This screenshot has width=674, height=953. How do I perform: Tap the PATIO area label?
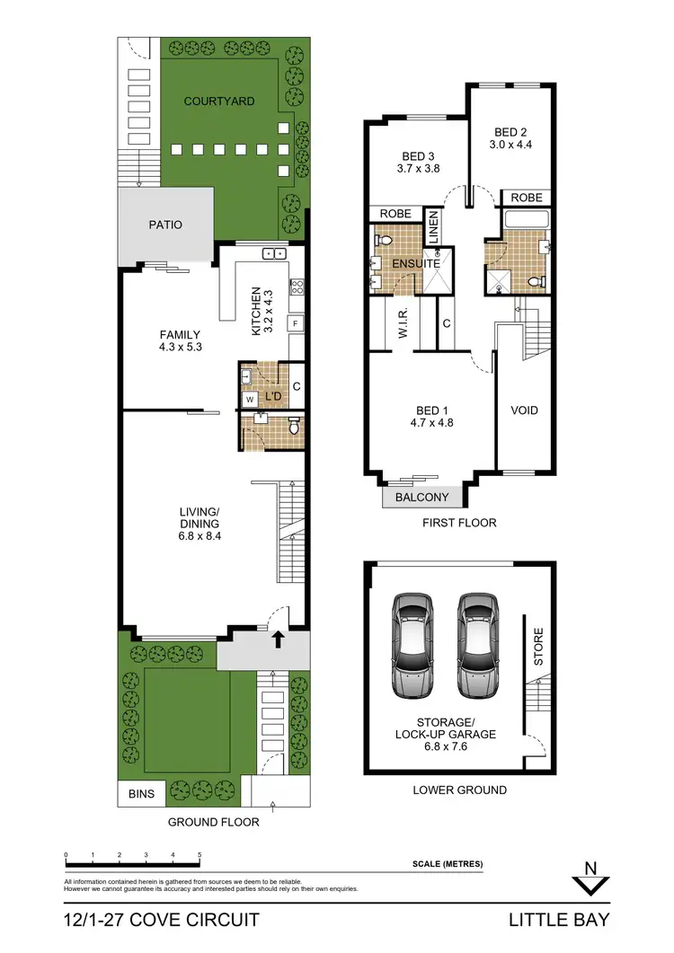tap(164, 225)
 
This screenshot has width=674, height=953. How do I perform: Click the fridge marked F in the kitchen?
tap(294, 322)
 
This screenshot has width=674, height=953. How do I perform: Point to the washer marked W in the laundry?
tap(249, 398)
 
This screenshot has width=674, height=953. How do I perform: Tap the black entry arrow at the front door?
tap(278, 639)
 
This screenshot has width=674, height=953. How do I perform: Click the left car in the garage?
tap(411, 645)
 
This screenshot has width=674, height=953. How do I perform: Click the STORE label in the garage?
tap(538, 646)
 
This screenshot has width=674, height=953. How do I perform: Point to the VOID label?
tap(524, 410)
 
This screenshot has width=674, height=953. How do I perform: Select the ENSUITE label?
tap(416, 264)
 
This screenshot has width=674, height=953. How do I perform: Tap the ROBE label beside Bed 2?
tap(525, 198)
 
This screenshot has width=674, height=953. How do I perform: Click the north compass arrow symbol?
tap(590, 880)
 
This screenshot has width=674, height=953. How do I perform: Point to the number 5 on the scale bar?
tap(199, 856)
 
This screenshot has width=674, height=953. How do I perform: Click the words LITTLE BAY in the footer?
tap(559, 920)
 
